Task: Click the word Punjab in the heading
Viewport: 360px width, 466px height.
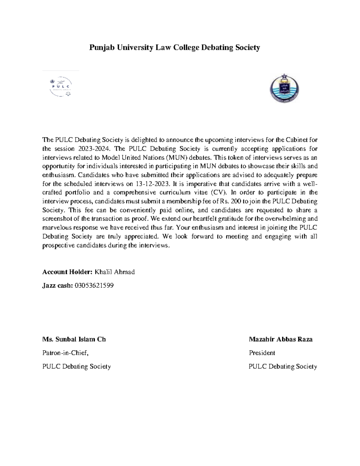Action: coord(101,47)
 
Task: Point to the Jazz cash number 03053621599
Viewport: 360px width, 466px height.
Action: coord(94,285)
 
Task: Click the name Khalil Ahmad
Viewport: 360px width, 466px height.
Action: coord(115,272)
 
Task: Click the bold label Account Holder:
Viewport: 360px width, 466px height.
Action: coord(67,272)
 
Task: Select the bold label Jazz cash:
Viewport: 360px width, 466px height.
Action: coord(57,285)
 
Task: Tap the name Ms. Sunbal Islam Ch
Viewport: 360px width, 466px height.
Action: coord(74,339)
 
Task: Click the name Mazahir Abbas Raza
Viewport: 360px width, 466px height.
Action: coord(280,339)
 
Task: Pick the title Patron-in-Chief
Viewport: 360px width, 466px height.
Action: coord(65,353)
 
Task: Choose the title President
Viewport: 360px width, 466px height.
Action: coord(262,353)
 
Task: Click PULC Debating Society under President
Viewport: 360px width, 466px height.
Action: coord(283,366)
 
